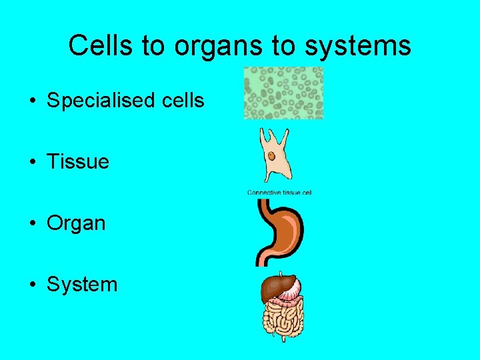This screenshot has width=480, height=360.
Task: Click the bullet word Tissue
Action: (x=78, y=161)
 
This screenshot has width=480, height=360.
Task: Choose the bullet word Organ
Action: (x=76, y=223)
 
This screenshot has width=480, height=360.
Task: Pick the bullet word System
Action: (x=82, y=285)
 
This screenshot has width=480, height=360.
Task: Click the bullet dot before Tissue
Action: (x=32, y=162)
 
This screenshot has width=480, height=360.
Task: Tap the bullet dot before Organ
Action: (x=32, y=223)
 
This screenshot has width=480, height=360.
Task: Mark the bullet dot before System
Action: (x=32, y=285)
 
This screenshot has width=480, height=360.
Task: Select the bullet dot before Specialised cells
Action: (x=32, y=101)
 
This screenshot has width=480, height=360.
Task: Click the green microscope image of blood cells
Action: (x=283, y=93)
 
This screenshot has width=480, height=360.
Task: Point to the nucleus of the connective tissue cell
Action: (x=272, y=156)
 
